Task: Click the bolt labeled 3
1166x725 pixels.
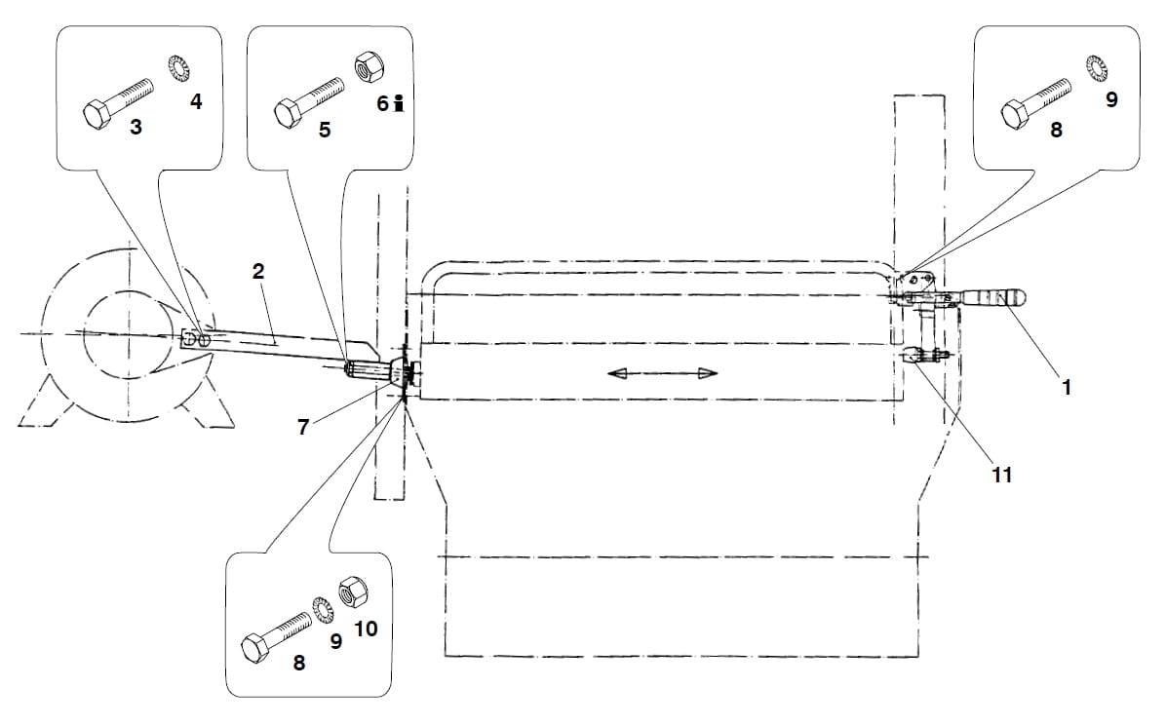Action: point(118,100)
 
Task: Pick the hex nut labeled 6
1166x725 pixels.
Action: point(369,66)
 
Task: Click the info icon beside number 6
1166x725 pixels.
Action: point(397,103)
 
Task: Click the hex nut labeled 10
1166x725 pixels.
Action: point(349,591)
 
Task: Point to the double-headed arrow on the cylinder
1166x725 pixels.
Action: point(662,373)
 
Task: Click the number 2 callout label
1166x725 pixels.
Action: point(258,272)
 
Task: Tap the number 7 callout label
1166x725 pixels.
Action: point(304,427)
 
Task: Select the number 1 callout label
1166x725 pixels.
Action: point(1067,387)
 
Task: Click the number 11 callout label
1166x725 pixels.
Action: point(1002,475)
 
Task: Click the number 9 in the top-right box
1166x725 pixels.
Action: point(1112,99)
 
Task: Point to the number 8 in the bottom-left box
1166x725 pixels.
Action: point(299,663)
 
